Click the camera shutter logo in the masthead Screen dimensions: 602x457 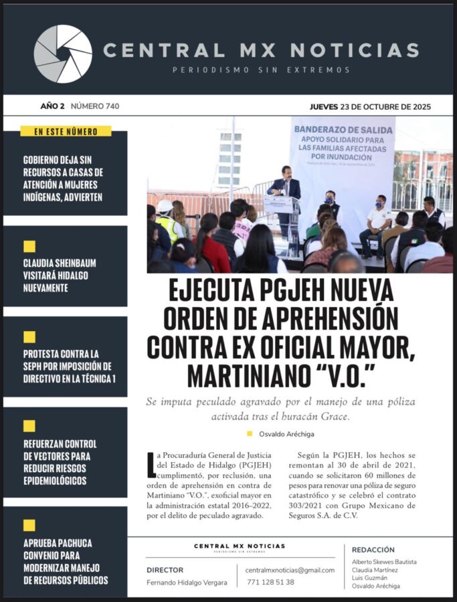click(x=63, y=54)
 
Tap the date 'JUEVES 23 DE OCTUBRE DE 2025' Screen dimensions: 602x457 click(x=370, y=106)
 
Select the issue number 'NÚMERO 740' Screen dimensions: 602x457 click(x=95, y=106)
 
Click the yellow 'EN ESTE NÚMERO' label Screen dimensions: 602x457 click(x=66, y=132)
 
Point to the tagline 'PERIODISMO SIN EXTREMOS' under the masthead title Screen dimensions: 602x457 click(x=261, y=70)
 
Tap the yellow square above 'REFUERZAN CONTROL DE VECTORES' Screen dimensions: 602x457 click(x=29, y=426)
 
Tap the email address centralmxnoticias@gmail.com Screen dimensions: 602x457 click(x=290, y=570)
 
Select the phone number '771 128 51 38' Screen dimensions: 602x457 click(x=270, y=582)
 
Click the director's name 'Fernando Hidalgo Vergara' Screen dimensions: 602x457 click(x=187, y=582)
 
